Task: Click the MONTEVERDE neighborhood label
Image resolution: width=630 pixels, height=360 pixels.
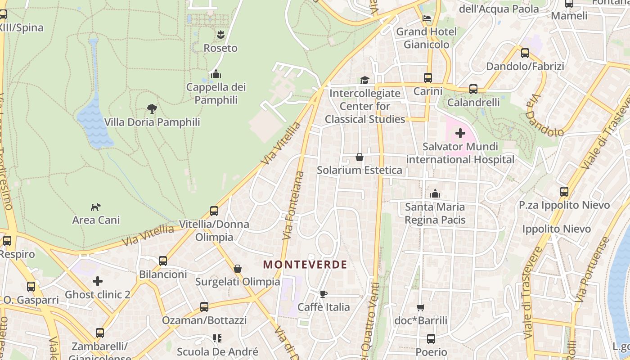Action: (305, 265)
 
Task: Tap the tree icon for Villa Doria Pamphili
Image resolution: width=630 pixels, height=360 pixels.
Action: (152, 108)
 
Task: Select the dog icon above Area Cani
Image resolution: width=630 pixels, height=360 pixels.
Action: (96, 207)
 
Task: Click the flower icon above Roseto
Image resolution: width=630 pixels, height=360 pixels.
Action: (220, 35)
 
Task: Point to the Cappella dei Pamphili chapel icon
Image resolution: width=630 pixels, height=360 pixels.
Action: (216, 74)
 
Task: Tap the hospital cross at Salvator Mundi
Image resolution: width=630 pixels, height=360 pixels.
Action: (460, 133)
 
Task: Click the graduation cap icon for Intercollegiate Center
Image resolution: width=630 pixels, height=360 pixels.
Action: (364, 80)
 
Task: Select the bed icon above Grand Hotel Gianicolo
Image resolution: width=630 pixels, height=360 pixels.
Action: (427, 18)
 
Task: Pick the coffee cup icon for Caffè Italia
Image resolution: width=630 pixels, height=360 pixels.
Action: (323, 294)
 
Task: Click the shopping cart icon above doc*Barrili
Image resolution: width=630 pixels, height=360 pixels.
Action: (420, 308)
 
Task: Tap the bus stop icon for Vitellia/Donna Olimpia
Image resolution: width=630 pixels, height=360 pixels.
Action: (214, 211)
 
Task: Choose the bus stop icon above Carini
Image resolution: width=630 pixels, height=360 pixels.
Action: (428, 78)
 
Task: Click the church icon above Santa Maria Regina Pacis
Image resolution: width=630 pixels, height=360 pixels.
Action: (435, 194)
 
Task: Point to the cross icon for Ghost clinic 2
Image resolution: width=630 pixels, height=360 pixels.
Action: (98, 282)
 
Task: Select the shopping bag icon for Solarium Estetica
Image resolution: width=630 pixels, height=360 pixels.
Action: (359, 157)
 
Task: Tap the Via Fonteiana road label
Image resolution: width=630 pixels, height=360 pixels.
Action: (293, 205)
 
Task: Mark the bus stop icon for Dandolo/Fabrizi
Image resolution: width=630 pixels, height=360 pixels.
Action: (525, 53)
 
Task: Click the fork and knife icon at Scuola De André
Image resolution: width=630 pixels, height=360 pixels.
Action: (217, 338)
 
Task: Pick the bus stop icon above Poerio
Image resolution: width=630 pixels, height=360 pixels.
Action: (431, 339)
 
